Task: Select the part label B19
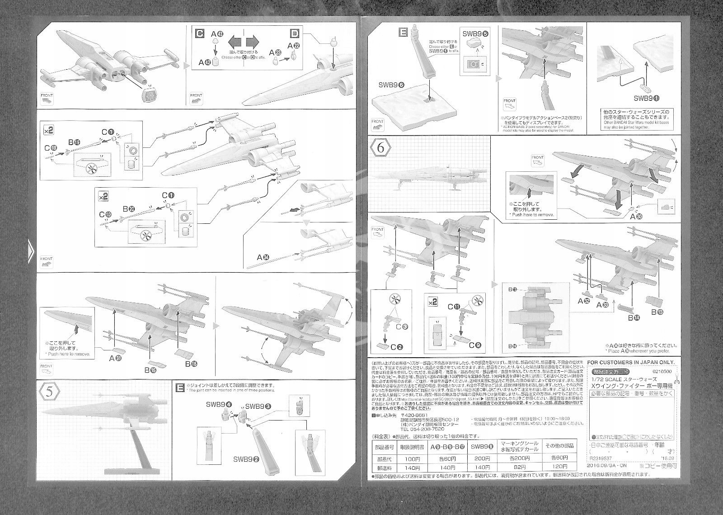coord(74,143)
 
